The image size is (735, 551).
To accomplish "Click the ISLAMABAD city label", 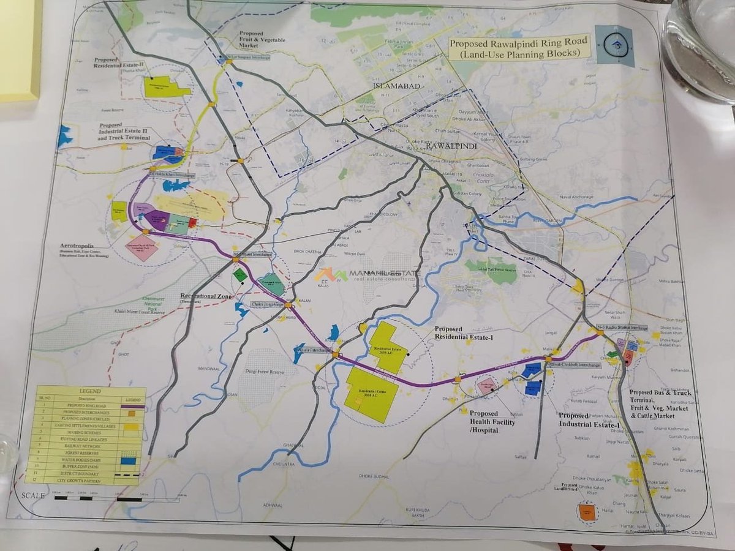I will (396, 86).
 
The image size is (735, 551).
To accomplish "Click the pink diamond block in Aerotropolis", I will (143, 249).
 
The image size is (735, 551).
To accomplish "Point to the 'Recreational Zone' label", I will (206, 297).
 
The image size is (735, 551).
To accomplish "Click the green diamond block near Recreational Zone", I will (240, 275).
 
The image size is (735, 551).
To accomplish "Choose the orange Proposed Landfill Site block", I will (587, 512).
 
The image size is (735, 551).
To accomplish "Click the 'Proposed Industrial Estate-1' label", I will (589, 420).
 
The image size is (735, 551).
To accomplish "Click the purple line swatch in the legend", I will (132, 406).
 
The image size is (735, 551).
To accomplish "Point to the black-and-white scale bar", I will (98, 499).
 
